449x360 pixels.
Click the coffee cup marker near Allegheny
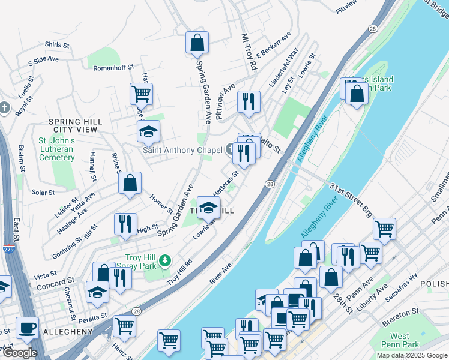coord(28,328)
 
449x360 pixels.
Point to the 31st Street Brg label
coord(351,200)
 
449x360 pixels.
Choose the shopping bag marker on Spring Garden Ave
coord(197,43)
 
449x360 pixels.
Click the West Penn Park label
coord(400,341)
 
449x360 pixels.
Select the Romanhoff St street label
coord(113,68)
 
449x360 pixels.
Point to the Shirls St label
coord(57,45)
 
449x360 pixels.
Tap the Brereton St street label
coord(400,313)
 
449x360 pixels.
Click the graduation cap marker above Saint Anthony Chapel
coord(148,131)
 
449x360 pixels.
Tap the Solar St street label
coord(43,193)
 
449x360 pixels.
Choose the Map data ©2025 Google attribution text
coord(412,355)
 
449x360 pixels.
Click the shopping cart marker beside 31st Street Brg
coord(384,229)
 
